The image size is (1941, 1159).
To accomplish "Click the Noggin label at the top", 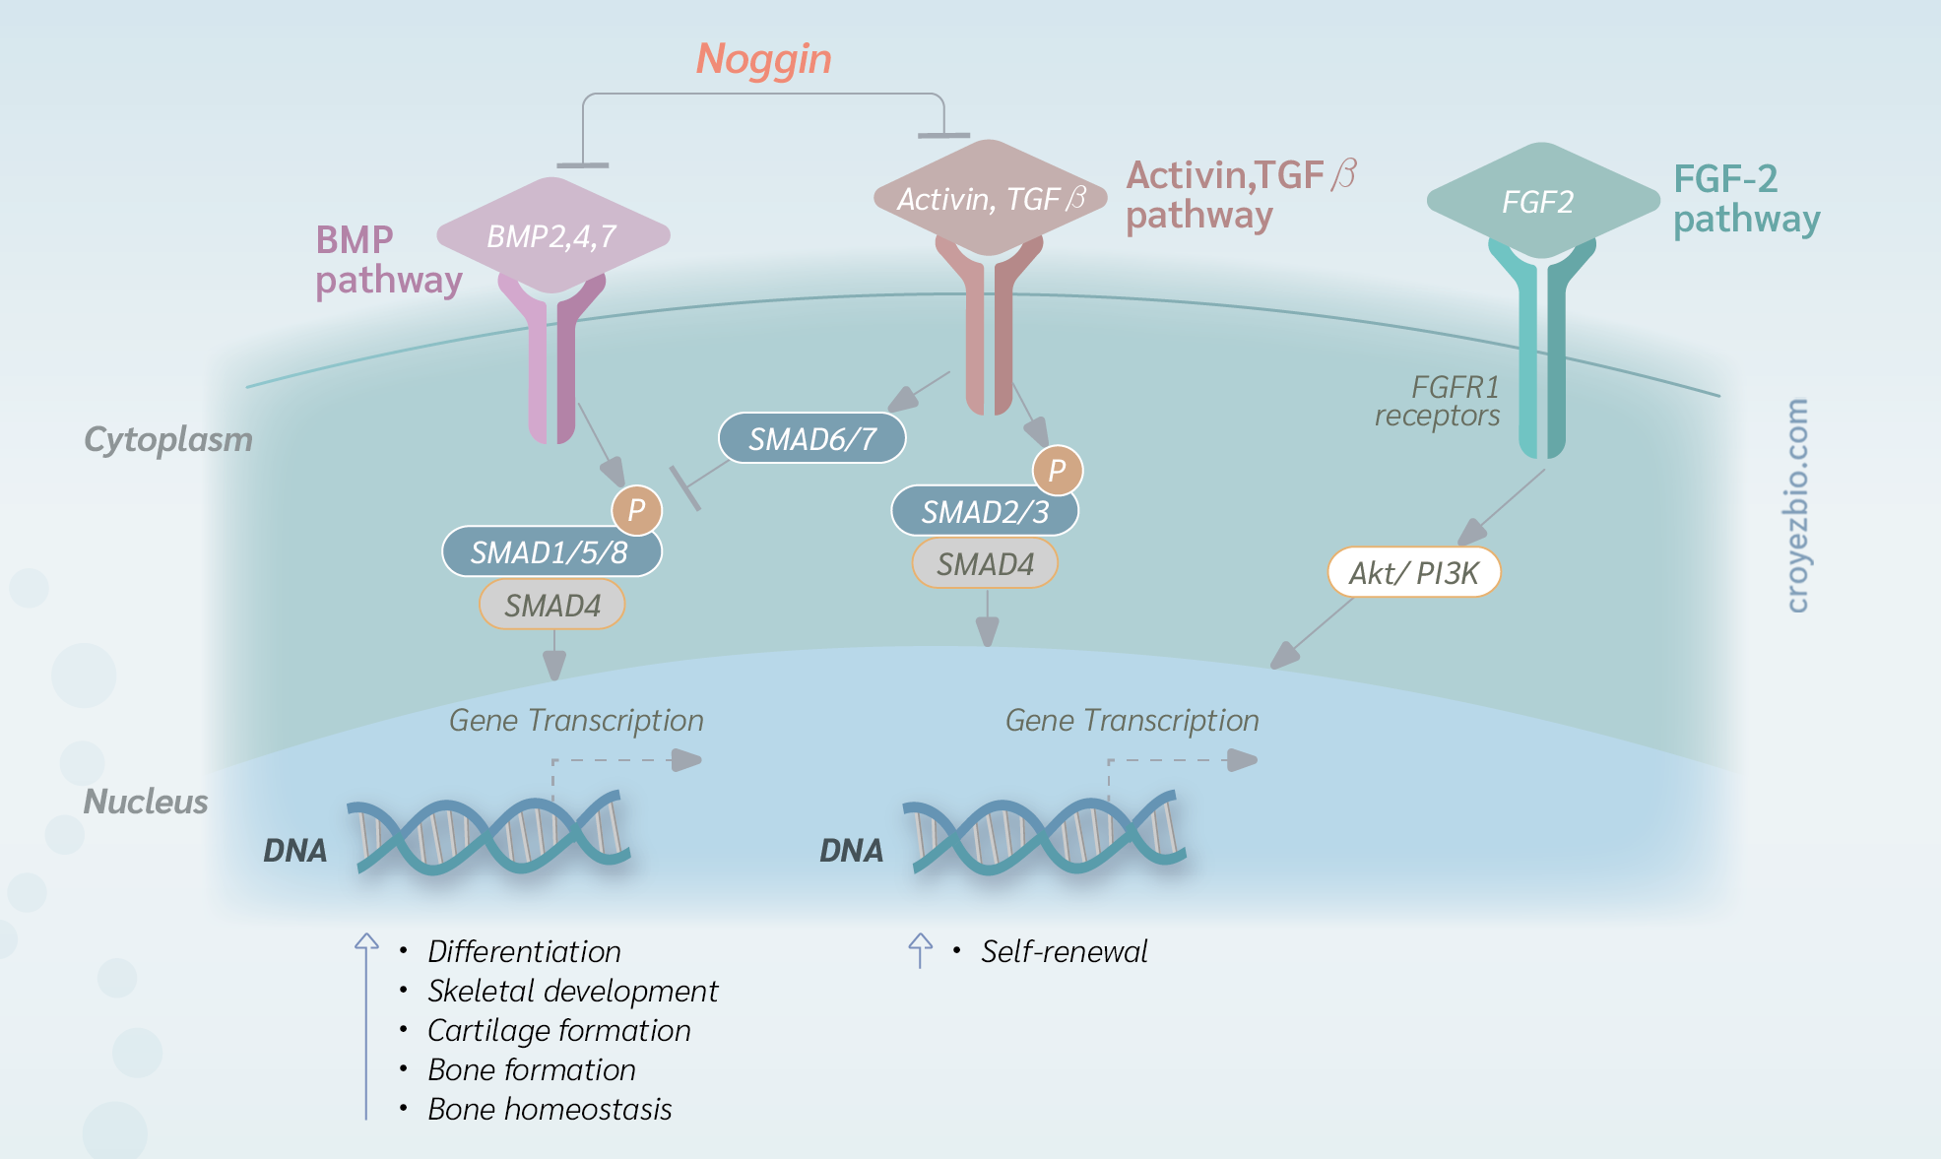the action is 764,59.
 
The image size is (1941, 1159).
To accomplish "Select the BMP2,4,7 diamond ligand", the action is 553,235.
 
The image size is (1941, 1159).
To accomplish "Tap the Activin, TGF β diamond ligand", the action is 991,198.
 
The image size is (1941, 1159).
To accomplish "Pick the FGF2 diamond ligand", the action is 1543,201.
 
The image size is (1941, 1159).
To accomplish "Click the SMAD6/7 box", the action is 812,438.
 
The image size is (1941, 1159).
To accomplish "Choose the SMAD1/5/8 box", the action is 551,551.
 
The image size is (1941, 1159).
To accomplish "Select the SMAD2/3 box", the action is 985,511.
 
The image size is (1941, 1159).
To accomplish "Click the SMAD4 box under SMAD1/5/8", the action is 552,605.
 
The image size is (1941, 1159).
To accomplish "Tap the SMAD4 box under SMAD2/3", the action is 985,563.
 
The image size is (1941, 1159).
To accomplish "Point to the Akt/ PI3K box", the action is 1414,572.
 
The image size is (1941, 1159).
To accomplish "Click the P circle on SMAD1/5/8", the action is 637,510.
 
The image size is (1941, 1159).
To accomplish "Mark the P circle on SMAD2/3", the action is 1058,470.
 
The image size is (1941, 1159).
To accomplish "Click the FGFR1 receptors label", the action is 1438,401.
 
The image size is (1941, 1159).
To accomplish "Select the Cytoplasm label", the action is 168,439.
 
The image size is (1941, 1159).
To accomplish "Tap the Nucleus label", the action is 146,802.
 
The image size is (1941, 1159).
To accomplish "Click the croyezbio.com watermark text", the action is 1797,505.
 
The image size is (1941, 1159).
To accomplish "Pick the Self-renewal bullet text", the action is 1065,951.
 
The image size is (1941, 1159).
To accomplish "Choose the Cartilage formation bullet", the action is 559,1030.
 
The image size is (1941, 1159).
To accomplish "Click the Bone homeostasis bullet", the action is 550,1109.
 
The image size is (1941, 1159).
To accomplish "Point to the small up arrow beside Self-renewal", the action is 920,950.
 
